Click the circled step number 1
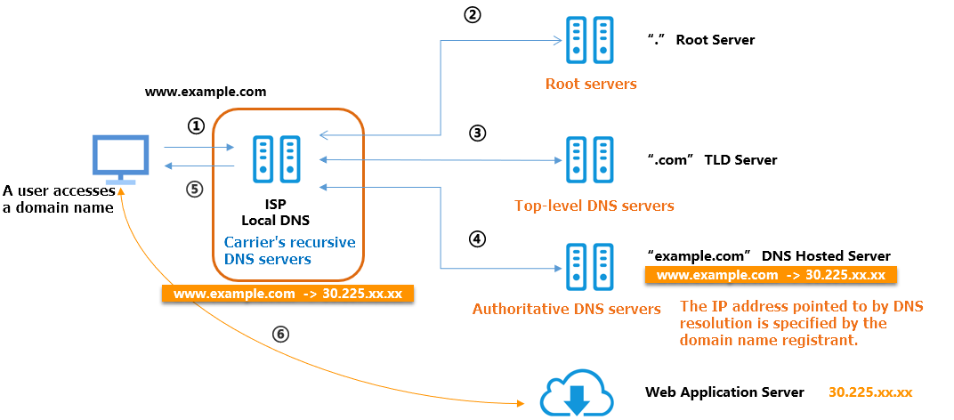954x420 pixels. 197,126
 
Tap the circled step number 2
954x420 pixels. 473,15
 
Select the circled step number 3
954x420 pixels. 478,133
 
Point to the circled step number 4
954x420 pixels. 478,238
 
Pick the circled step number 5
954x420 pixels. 196,188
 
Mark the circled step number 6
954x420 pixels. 281,334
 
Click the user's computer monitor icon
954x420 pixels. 121,159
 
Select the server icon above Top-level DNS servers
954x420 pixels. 589,160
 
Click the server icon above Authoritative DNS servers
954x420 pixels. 589,264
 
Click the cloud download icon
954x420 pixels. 577,394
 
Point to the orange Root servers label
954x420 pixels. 591,85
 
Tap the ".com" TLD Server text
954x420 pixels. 712,160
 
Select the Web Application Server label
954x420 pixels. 724,392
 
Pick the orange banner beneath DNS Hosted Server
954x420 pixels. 771,275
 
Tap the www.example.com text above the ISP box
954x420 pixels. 206,92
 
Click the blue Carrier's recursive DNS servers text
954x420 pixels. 289,250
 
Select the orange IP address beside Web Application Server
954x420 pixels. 869,392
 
